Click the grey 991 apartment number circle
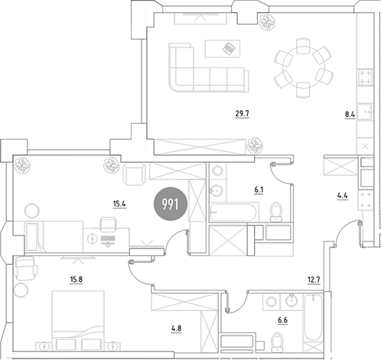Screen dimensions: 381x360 171,204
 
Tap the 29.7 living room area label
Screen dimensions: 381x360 242,113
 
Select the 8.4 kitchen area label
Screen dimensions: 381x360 350,115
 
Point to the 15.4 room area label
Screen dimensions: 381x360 119,204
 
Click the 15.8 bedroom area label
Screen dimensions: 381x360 77,280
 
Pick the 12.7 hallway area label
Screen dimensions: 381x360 314,280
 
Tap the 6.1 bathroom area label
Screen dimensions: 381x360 259,190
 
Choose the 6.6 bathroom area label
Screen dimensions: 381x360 282,319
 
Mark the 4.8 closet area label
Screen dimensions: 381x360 176,329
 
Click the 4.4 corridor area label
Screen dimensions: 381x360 342,196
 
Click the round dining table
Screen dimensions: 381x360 304,68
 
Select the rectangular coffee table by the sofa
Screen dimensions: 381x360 223,49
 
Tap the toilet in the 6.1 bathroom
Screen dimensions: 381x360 276,212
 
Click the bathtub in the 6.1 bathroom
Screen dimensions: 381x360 233,212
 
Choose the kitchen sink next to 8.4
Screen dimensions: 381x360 365,112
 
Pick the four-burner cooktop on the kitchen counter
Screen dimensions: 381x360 365,77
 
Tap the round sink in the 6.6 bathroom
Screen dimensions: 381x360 291,300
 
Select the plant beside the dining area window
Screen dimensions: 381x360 267,21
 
